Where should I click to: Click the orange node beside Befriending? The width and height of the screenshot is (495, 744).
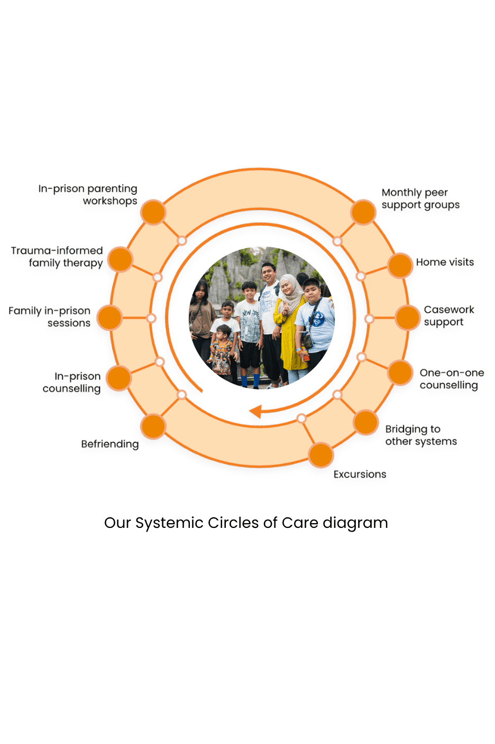pyautogui.click(x=153, y=426)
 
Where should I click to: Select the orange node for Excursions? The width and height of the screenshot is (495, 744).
pyautogui.click(x=320, y=455)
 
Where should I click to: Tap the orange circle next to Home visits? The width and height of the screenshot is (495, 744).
pyautogui.click(x=400, y=265)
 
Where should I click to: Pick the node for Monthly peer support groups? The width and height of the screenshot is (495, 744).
pyautogui.click(x=363, y=212)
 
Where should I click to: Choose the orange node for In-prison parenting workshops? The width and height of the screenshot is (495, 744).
pyautogui.click(x=153, y=212)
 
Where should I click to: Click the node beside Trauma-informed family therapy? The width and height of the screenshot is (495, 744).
pyautogui.click(x=121, y=259)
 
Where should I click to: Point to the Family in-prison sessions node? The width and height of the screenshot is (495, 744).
pyautogui.click(x=109, y=318)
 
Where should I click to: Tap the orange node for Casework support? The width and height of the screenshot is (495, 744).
pyautogui.click(x=408, y=318)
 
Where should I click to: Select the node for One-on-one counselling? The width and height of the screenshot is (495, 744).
pyautogui.click(x=400, y=373)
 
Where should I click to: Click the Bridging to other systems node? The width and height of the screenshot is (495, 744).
pyautogui.click(x=365, y=422)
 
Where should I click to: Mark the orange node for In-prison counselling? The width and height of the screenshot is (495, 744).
pyautogui.click(x=118, y=378)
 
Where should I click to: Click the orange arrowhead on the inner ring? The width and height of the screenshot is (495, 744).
pyautogui.click(x=255, y=412)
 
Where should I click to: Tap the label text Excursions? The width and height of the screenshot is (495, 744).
pyautogui.click(x=360, y=474)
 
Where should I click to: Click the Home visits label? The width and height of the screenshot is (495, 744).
pyautogui.click(x=445, y=262)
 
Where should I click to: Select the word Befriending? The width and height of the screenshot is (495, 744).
pyautogui.click(x=109, y=444)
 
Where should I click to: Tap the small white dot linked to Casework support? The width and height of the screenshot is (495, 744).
pyautogui.click(x=369, y=319)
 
